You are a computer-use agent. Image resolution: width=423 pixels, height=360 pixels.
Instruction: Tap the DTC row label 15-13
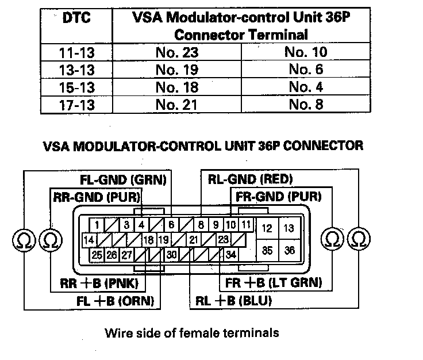pos(76,87)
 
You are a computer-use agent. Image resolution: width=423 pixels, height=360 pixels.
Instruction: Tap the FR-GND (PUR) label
pos(278,197)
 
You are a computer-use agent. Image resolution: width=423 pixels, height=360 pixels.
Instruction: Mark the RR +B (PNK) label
pos(102,283)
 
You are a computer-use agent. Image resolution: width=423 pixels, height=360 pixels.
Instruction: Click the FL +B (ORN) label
pos(118,300)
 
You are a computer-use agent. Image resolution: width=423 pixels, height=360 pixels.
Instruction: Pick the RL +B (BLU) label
pos(233,300)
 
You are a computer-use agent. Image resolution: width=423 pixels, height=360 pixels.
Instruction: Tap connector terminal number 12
pos(267,228)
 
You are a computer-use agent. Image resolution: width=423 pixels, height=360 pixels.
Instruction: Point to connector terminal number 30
pos(171,254)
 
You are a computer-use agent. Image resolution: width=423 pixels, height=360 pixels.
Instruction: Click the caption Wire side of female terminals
pos(192,332)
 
